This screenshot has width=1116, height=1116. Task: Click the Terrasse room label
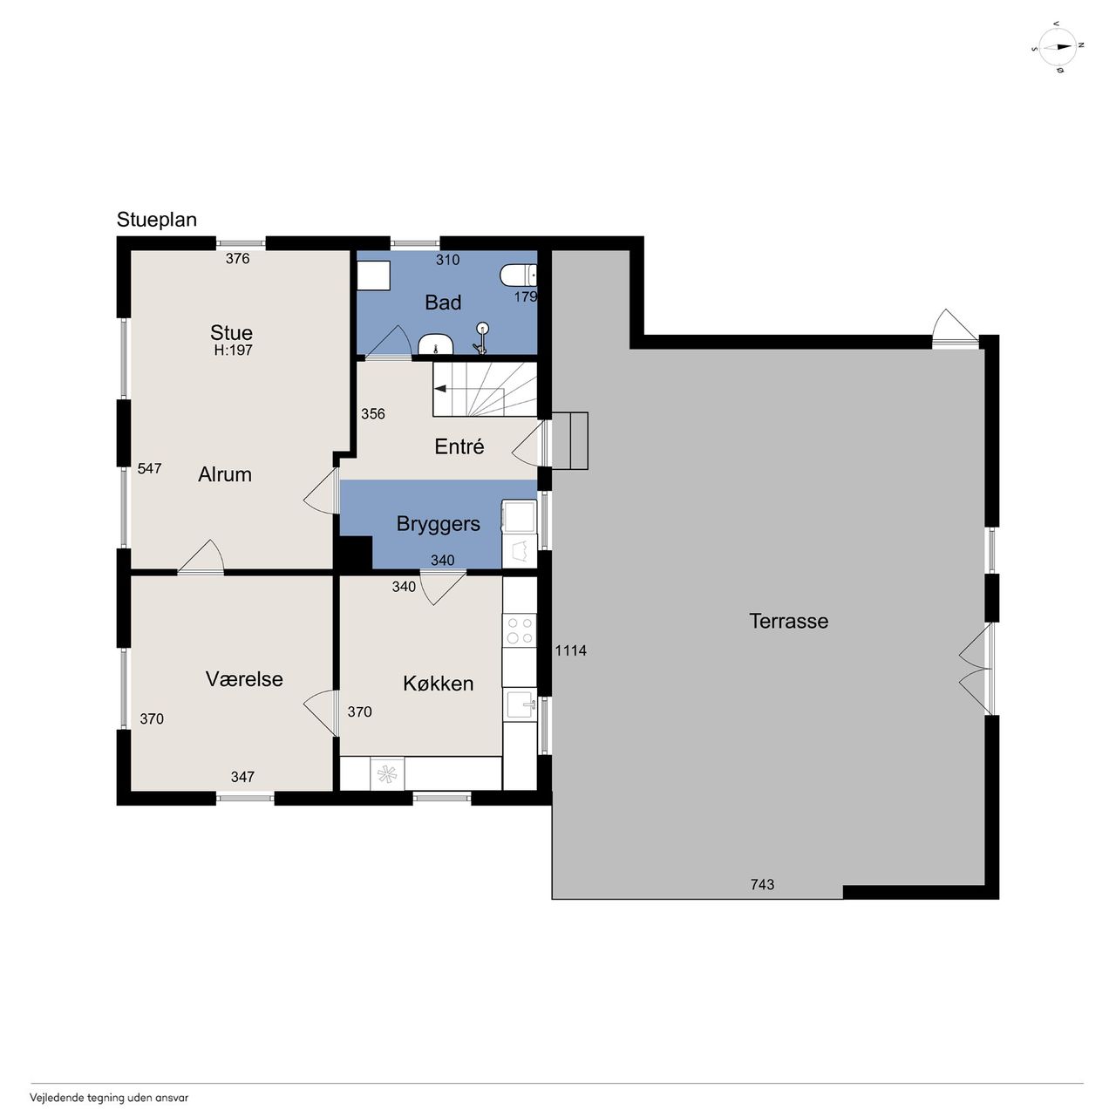[788, 622]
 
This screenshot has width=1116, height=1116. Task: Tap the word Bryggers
[438, 524]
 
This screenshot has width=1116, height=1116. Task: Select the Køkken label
[438, 684]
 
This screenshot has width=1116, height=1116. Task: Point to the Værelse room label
[244, 678]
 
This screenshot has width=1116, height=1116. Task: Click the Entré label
[459, 446]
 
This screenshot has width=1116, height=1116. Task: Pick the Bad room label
[442, 303]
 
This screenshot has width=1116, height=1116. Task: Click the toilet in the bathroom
[518, 276]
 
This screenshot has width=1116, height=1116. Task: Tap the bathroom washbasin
[435, 344]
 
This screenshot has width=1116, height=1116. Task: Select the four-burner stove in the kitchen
[519, 630]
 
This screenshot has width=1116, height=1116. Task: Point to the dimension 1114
[570, 651]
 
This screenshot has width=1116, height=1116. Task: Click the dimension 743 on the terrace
[762, 884]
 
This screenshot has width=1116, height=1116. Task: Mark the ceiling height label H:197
[233, 350]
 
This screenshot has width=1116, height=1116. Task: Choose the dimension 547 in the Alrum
[149, 468]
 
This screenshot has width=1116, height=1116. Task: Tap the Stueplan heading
[156, 220]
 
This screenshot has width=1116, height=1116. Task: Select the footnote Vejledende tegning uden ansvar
[109, 1098]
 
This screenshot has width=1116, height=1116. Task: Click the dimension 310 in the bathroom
[447, 260]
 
